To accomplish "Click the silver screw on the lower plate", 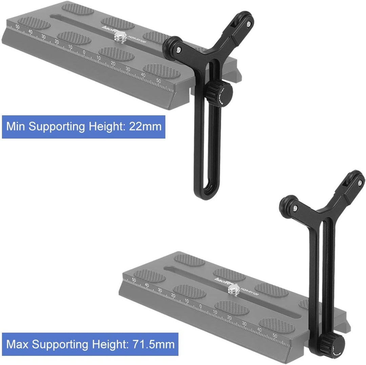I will [233, 289].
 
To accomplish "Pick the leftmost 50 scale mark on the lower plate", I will [134, 280].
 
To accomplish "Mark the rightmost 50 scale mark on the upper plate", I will [158, 80].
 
